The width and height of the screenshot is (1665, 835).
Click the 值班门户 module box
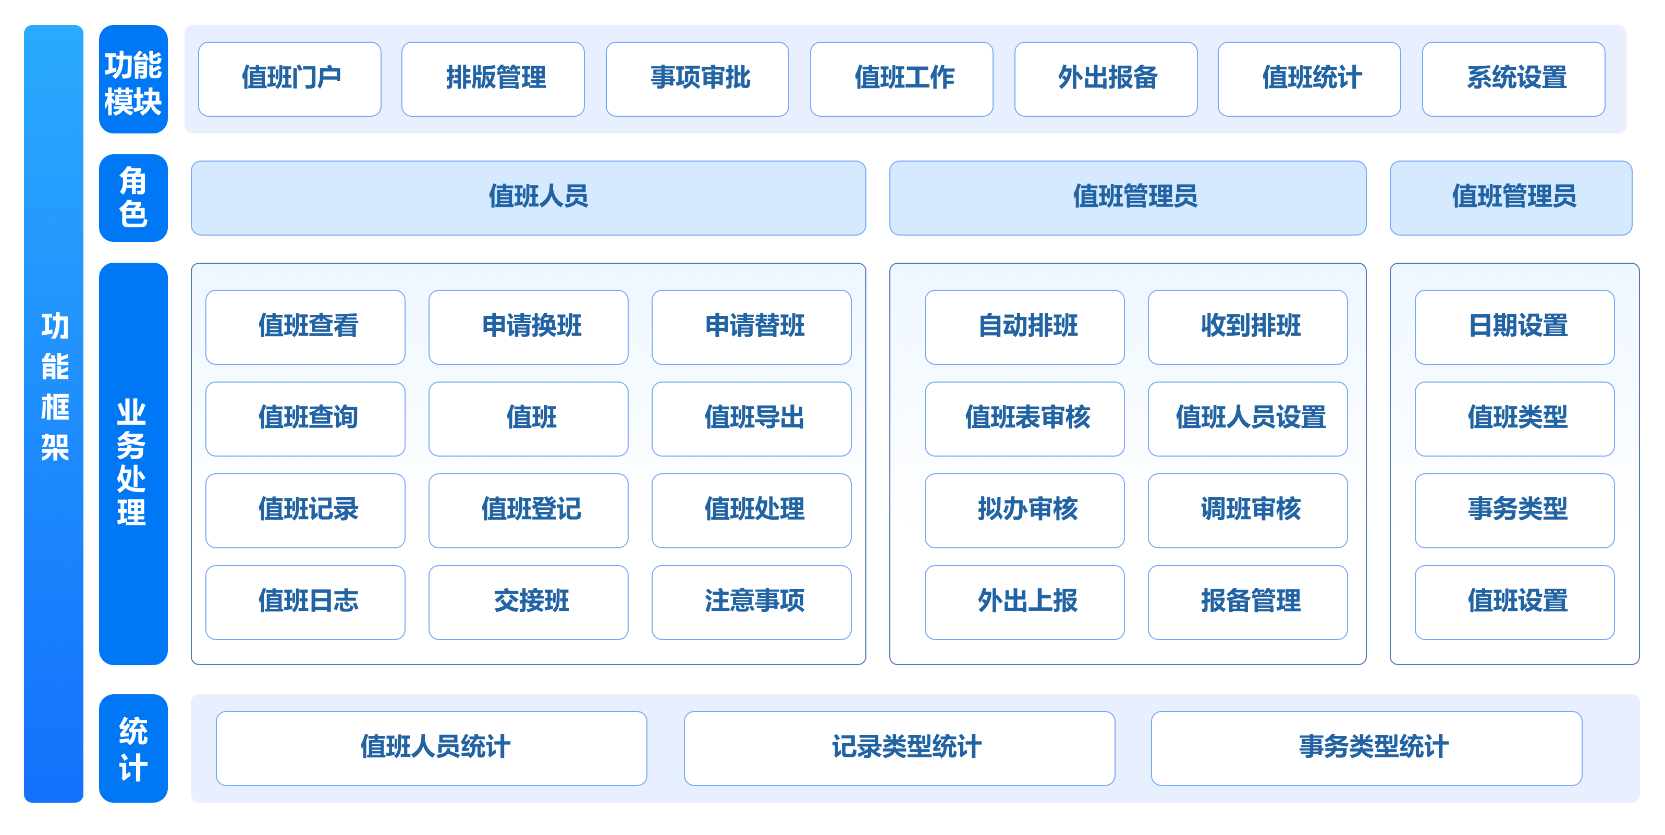[x=289, y=79]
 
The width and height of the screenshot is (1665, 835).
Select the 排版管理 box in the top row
[x=493, y=79]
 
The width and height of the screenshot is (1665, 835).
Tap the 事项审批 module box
[x=697, y=79]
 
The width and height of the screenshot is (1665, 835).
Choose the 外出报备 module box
[x=1106, y=79]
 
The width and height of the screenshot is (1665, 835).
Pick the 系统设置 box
[x=1514, y=79]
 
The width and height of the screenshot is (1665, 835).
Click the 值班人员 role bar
[x=528, y=198]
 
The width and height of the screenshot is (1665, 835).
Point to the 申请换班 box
[x=529, y=327]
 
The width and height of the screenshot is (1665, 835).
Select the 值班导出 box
[x=752, y=419]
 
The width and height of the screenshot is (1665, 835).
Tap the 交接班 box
[x=529, y=603]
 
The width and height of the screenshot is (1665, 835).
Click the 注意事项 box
[x=752, y=603]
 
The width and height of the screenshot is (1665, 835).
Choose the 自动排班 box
[x=1024, y=327]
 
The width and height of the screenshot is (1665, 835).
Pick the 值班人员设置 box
[x=1247, y=419]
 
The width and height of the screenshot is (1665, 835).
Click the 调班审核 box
[x=1247, y=511]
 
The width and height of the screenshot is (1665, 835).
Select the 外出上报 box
[x=1024, y=603]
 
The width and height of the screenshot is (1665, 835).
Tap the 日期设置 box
[x=1514, y=327]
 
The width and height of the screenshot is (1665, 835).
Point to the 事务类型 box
[x=1514, y=511]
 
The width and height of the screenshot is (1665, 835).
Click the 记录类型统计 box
[x=900, y=748]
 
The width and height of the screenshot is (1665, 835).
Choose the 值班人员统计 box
[x=432, y=748]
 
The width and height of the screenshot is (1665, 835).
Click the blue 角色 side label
[x=133, y=198]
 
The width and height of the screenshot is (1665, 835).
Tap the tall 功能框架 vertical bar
[x=54, y=414]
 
